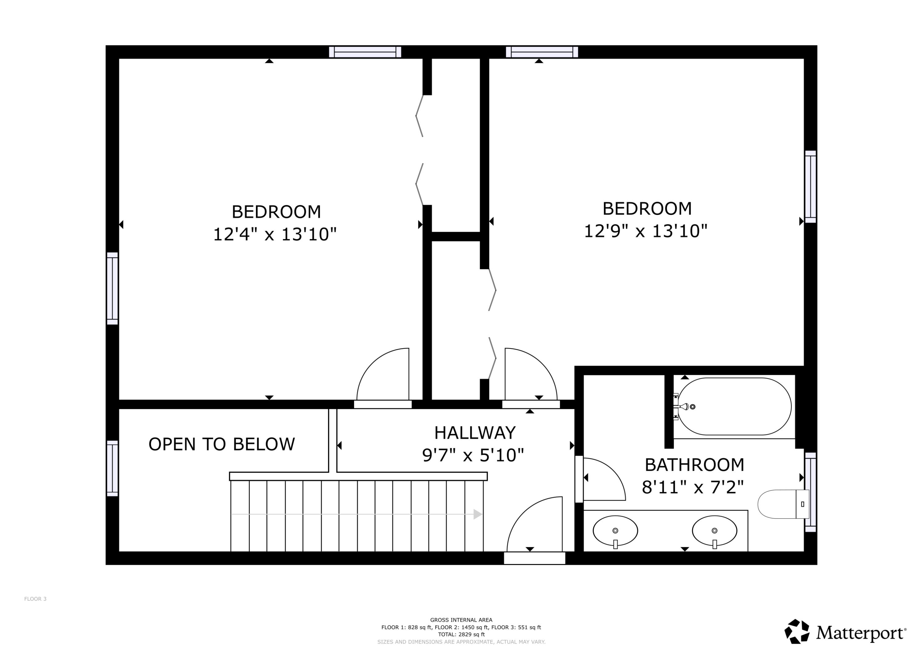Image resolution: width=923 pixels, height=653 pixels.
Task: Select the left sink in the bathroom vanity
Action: point(615,531)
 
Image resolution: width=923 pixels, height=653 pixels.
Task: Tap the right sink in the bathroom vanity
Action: point(714,531)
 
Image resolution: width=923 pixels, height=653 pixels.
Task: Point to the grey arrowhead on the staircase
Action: point(477,514)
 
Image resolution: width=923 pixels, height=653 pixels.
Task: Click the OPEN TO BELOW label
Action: point(222,445)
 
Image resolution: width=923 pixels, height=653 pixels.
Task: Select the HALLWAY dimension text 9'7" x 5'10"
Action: point(473,455)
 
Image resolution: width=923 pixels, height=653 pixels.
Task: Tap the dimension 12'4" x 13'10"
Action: point(274,234)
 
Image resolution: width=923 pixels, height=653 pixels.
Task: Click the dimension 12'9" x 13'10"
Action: point(645,231)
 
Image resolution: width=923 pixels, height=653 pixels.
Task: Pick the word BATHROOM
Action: point(694,465)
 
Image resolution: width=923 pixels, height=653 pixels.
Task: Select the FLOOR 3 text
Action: point(35,599)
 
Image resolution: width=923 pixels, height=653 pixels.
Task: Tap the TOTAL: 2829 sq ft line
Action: point(461,635)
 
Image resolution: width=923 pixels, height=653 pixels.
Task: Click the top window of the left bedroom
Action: point(365,52)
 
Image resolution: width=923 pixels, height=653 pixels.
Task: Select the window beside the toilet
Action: point(810,492)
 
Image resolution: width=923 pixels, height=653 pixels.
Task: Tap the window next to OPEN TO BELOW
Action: point(112,468)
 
